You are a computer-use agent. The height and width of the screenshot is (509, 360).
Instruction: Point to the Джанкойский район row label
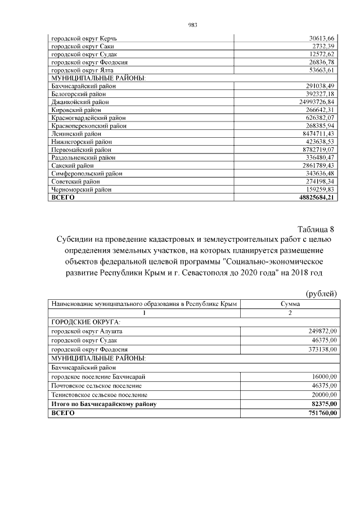(80, 102)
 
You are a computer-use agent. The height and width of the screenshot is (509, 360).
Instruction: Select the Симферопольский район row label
(87, 174)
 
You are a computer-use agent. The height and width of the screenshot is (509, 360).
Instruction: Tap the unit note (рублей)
(321, 292)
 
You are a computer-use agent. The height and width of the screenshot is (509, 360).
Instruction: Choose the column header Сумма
(290, 304)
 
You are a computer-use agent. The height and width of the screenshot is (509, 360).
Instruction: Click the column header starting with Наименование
(143, 304)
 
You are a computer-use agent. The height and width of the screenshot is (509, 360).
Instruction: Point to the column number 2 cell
(290, 312)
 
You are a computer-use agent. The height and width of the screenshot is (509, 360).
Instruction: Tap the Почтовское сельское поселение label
(96, 386)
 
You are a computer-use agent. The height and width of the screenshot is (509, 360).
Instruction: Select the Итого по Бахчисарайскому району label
(103, 404)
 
